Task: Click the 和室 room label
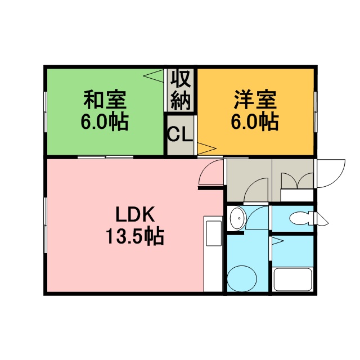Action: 105,100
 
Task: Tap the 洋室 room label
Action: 255,100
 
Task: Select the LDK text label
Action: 135,214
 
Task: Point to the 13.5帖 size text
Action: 135,236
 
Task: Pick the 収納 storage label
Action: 181,90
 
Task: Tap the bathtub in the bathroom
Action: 292,280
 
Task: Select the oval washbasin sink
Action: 238,218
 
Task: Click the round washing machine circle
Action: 242,278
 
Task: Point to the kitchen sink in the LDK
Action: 214,233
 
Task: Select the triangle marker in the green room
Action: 154,75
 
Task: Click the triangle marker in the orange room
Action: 206,148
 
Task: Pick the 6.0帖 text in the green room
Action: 105,121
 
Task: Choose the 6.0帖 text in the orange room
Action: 255,121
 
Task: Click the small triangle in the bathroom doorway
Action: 278,241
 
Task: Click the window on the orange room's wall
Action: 316,112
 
